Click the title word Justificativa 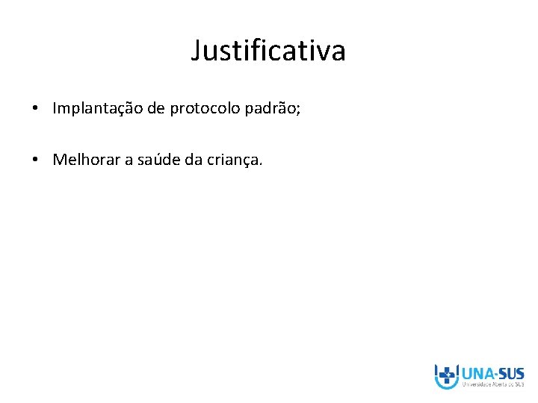(x=268, y=51)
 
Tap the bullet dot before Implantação (x=36, y=109)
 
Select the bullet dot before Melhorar (x=36, y=160)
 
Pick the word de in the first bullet (x=156, y=109)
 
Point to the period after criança (x=261, y=163)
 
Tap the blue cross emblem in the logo (x=447, y=375)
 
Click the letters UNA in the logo (x=477, y=373)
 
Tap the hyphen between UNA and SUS (x=495, y=374)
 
